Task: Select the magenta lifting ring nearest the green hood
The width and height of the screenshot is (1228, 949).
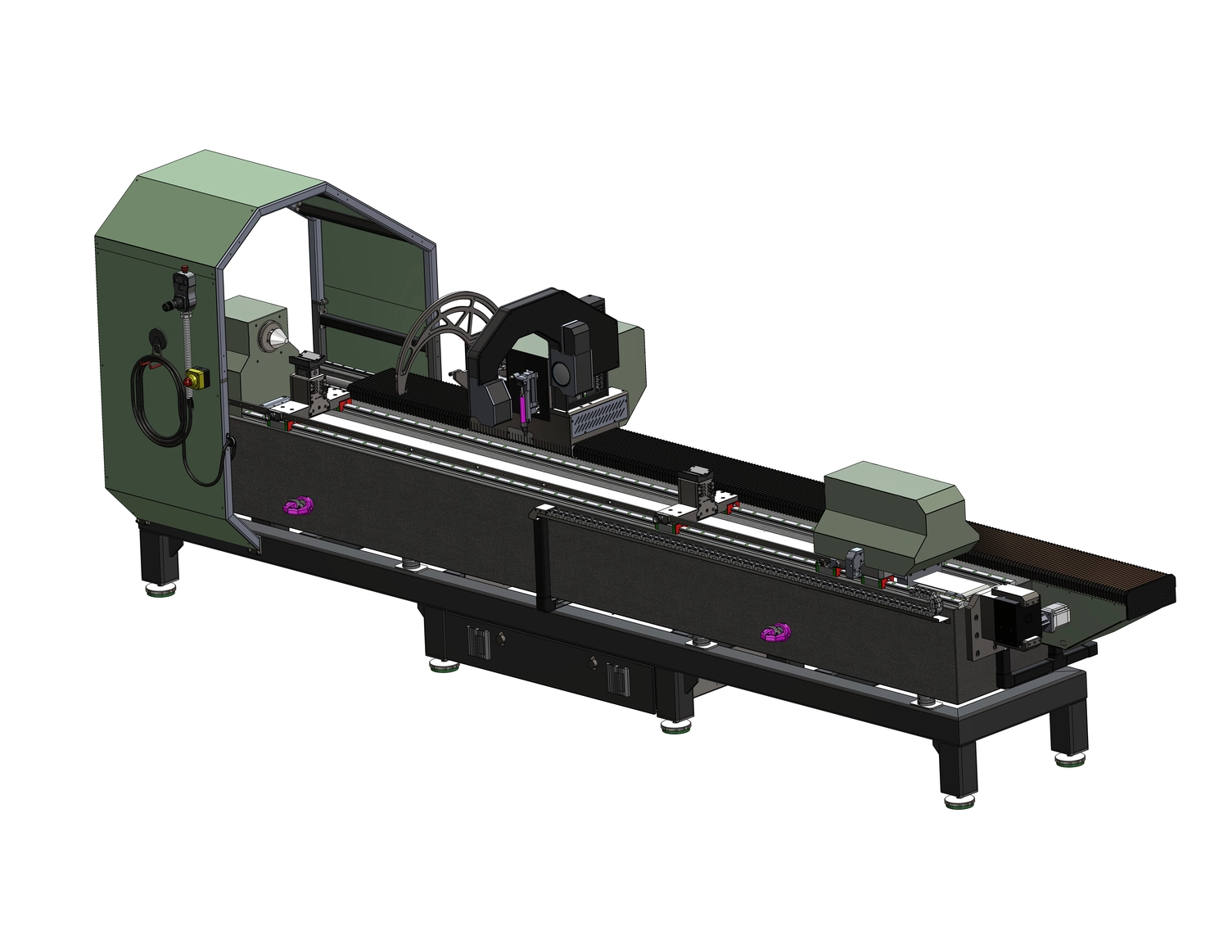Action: click(298, 505)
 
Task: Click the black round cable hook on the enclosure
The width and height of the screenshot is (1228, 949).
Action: click(155, 339)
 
